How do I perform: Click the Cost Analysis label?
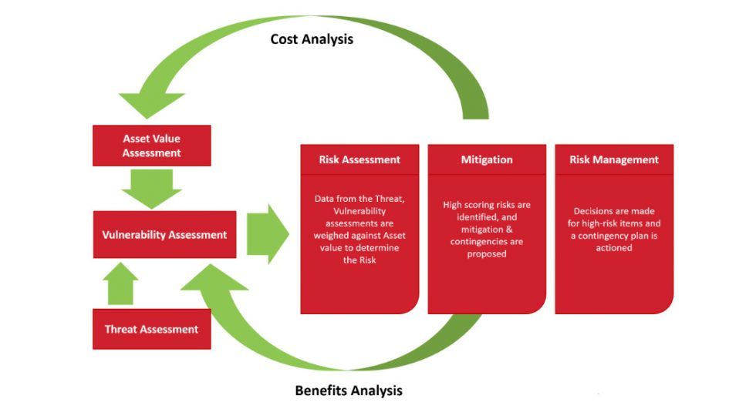click(x=312, y=39)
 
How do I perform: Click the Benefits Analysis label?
click(x=349, y=391)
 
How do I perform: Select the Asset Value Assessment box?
click(x=152, y=146)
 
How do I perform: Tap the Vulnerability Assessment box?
click(x=164, y=235)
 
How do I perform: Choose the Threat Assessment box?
click(x=151, y=330)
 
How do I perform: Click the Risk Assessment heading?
click(x=359, y=160)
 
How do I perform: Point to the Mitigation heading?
click(x=486, y=160)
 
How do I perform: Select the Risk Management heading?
click(x=614, y=160)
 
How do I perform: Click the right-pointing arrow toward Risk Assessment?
click(x=267, y=234)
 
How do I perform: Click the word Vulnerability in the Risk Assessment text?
click(x=359, y=212)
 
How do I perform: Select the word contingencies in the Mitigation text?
click(x=487, y=242)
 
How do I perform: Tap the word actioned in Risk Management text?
click(x=614, y=248)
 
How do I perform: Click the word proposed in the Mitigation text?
click(x=487, y=254)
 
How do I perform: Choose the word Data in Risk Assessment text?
click(x=326, y=199)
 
